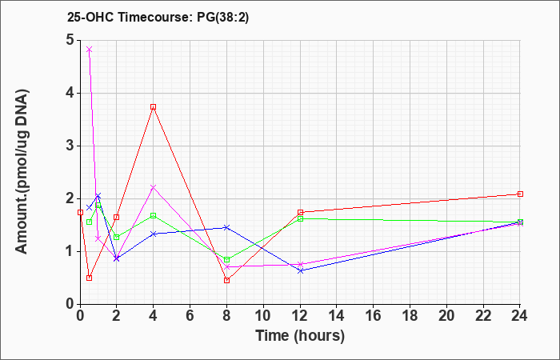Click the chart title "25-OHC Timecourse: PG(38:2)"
tap(158, 17)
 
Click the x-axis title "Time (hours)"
tap(300, 336)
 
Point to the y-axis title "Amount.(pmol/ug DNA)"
tap(22, 172)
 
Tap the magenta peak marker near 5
tap(90, 50)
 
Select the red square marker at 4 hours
tap(154, 106)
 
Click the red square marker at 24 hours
tap(520, 194)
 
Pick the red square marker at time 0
tap(80, 212)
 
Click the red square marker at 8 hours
tap(226, 280)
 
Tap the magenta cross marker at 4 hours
tap(154, 187)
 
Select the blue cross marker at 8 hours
tap(226, 227)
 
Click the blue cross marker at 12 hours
tap(300, 270)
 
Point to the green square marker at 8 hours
tap(226, 260)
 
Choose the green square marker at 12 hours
tap(300, 219)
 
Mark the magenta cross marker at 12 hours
tap(300, 264)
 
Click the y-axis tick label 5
tap(70, 40)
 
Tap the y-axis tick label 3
tap(70, 146)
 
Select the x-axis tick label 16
tap(374, 316)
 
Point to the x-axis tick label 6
tap(190, 316)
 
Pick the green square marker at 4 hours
tap(154, 215)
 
